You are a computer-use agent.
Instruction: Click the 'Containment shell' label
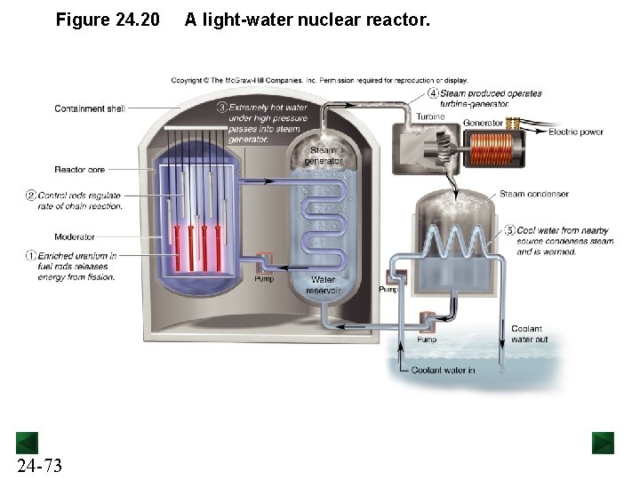[x=89, y=109]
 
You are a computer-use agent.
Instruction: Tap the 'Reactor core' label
[x=80, y=169]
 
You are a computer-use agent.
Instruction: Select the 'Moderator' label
[x=75, y=237]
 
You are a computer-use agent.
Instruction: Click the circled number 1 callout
[x=31, y=256]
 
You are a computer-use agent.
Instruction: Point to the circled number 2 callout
[x=31, y=196]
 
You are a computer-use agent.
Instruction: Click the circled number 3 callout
[x=220, y=108]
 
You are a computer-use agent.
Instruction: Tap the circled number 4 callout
[x=433, y=93]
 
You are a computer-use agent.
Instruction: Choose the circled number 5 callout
[x=509, y=229]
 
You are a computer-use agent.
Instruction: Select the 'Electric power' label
[x=576, y=132]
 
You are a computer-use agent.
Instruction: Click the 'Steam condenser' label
[x=533, y=194]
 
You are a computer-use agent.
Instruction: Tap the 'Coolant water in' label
[x=443, y=371]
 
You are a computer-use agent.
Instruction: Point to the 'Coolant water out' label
[x=528, y=333]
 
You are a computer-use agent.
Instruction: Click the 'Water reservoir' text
[x=322, y=284]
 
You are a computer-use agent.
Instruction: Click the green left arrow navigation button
[x=26, y=442]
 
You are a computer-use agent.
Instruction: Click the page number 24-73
[x=39, y=465]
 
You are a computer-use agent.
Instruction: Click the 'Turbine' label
[x=430, y=117]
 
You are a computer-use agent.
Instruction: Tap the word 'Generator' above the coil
[x=483, y=123]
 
